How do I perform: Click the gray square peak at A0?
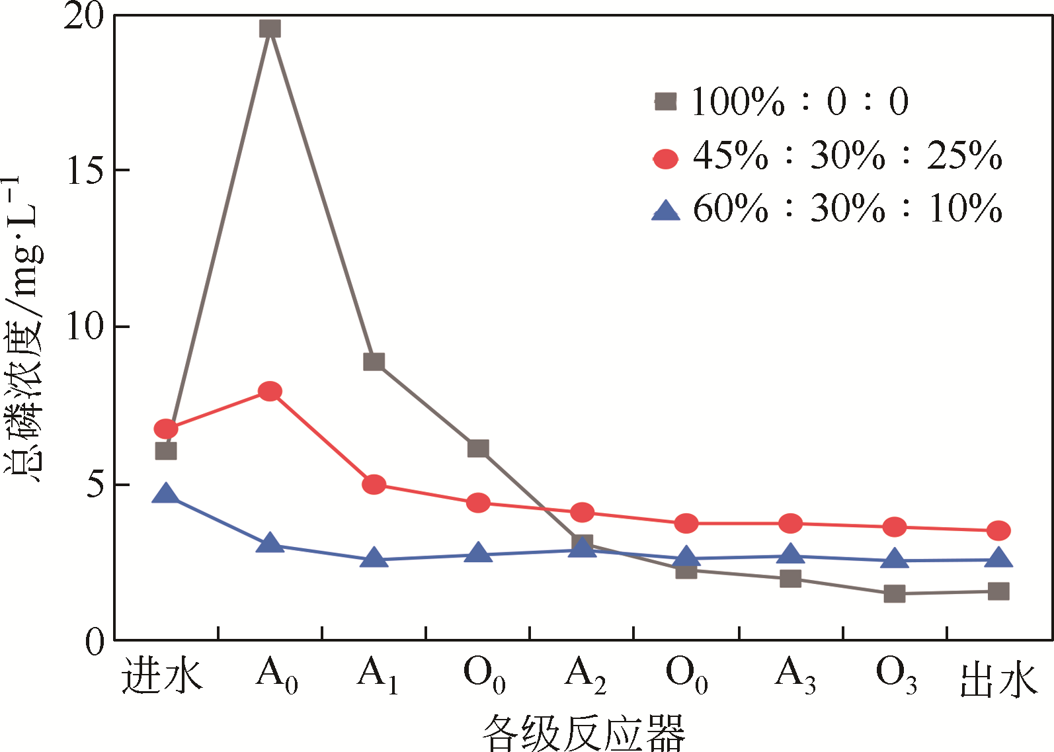click(x=270, y=28)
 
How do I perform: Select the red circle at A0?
click(x=270, y=391)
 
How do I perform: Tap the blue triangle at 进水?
click(x=165, y=493)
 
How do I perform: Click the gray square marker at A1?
click(x=374, y=362)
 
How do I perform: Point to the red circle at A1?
click(x=374, y=484)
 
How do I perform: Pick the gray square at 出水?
click(x=998, y=591)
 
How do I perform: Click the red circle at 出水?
click(x=998, y=530)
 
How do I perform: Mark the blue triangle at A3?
click(x=790, y=554)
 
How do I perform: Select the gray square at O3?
click(x=894, y=594)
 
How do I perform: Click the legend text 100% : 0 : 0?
click(x=800, y=102)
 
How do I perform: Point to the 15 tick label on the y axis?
click(x=86, y=171)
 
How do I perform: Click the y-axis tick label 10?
click(x=86, y=327)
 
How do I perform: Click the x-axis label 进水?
click(x=163, y=676)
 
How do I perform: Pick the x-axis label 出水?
click(x=998, y=679)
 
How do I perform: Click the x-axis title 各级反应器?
click(x=583, y=732)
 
